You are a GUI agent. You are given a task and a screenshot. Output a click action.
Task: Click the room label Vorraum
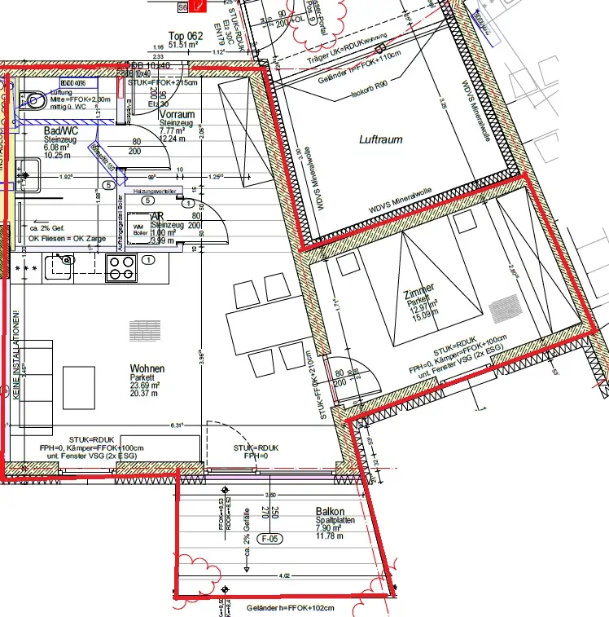pyautogui.click(x=177, y=115)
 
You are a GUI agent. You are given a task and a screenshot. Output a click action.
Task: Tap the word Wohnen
pyautogui.click(x=147, y=368)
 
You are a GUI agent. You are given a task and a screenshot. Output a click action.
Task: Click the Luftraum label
pyautogui.click(x=381, y=139)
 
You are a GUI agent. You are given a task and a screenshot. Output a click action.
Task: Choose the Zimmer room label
pyautogui.click(x=418, y=289)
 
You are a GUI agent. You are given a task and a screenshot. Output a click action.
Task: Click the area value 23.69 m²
pyautogui.click(x=148, y=387)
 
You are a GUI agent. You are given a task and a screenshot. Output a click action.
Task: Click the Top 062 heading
pyautogui.click(x=184, y=35)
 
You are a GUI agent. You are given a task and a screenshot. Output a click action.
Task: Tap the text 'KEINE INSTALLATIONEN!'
pyautogui.click(x=15, y=351)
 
